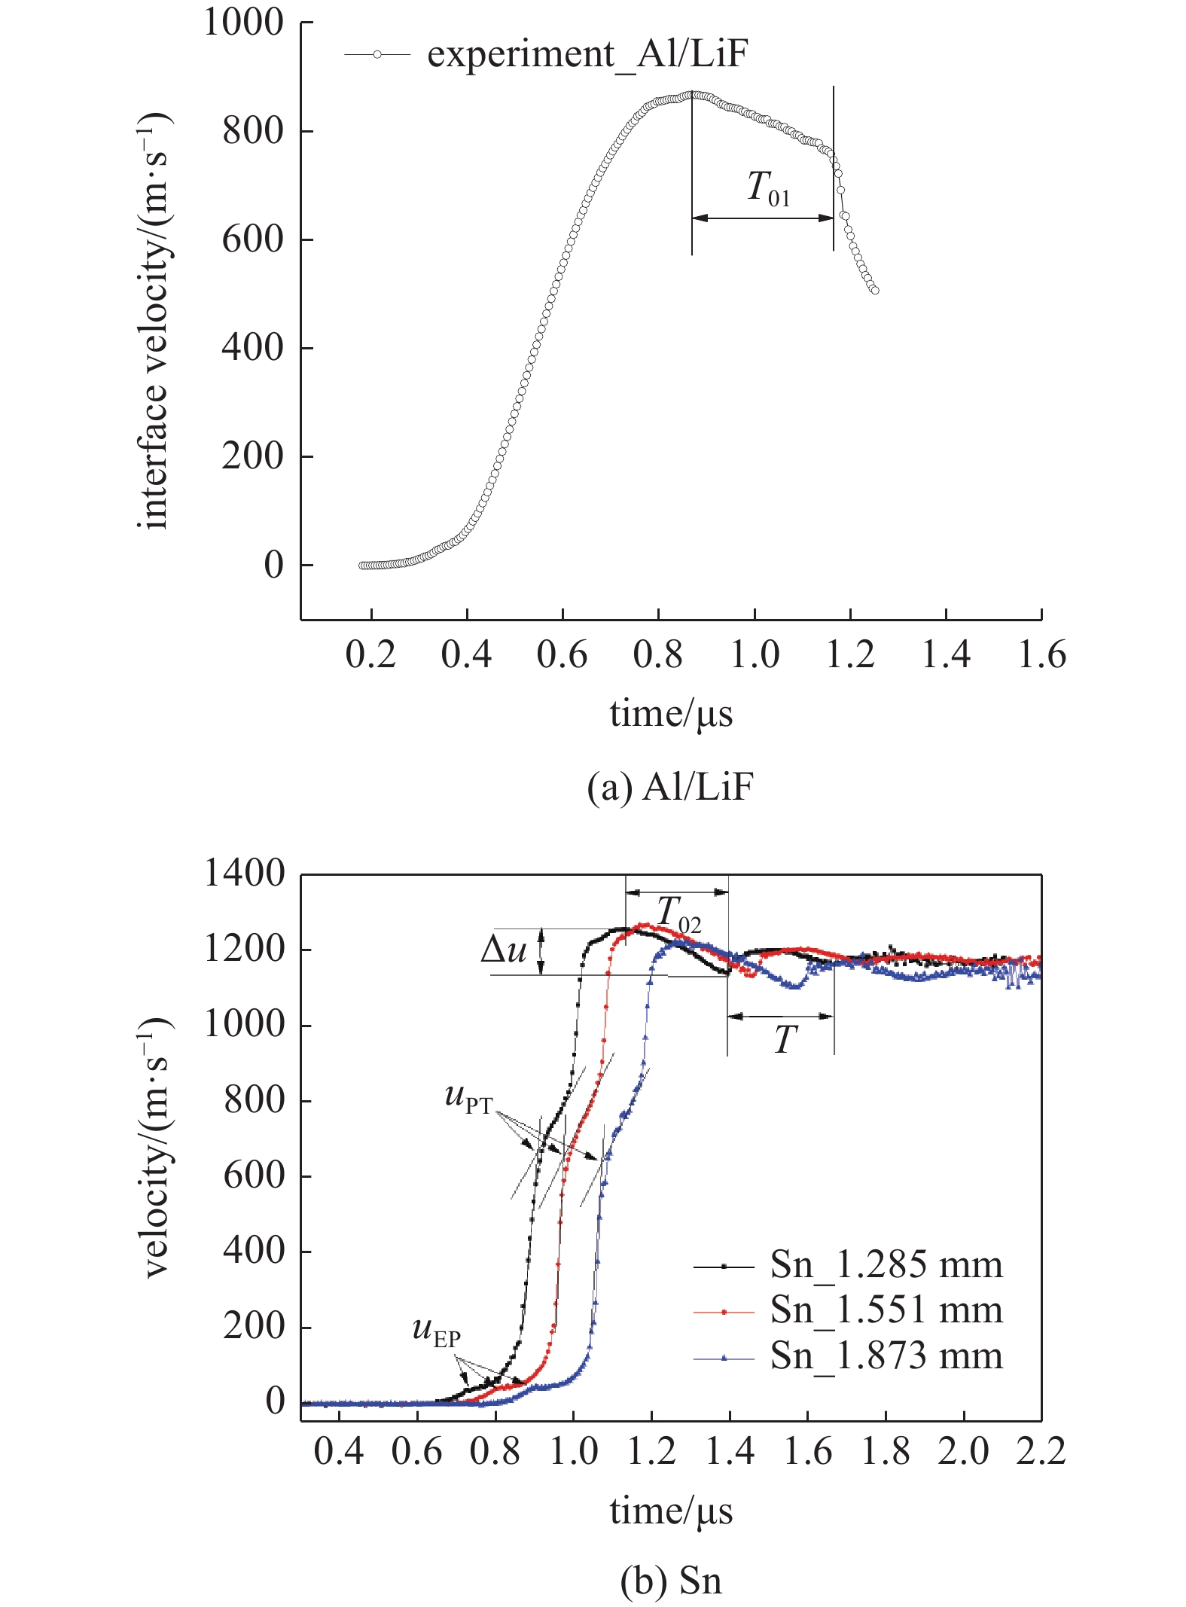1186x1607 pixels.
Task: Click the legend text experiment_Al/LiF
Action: point(587,54)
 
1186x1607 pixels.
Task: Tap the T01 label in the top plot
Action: point(767,188)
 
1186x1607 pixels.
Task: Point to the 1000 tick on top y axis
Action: point(243,23)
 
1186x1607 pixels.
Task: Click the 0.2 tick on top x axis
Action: point(370,654)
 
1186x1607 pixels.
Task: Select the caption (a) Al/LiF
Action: point(669,788)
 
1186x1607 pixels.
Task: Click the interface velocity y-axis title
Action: point(154,320)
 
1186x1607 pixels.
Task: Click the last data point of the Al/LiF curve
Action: point(874,290)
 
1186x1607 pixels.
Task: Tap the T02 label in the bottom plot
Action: point(678,914)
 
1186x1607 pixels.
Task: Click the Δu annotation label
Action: point(503,950)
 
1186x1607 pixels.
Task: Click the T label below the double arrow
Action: point(785,1041)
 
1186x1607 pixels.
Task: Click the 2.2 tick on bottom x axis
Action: point(1041,1451)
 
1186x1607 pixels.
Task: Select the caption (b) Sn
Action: point(670,1580)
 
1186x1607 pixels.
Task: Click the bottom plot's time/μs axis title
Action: point(670,1511)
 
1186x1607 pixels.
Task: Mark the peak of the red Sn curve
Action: point(644,924)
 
